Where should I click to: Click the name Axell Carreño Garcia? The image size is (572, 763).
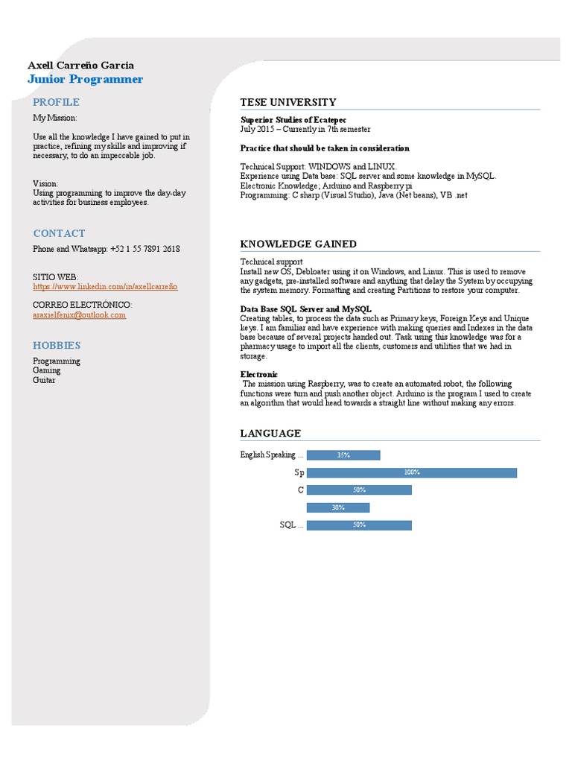pos(80,66)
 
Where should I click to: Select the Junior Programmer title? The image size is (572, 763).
pos(85,80)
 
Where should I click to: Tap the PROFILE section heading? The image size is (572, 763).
pos(56,102)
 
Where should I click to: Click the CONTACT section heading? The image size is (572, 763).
pos(59,233)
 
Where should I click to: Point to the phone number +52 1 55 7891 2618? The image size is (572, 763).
pos(144,249)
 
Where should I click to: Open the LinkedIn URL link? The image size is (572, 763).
pos(105,286)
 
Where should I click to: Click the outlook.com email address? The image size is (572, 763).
pos(79,314)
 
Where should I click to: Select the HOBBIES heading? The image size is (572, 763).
pos(57,345)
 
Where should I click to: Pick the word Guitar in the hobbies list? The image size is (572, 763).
pos(44,380)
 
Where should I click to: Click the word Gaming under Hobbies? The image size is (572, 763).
pos(46,370)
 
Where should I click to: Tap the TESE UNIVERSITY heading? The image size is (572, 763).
pos(287,102)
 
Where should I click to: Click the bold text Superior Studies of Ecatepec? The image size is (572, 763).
pos(293,119)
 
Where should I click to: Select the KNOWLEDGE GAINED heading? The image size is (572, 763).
pos(298,244)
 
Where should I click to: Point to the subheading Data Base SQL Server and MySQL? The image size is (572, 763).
pos(305,308)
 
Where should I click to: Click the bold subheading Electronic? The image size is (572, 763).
pos(258,374)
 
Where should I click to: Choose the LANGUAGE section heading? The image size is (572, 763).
pos(270,433)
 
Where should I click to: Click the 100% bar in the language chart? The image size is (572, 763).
pos(411,472)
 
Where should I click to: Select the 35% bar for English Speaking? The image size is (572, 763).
pos(343,455)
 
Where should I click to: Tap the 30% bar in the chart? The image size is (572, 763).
pos(337,507)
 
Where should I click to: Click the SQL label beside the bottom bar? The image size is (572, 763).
pos(289,525)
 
